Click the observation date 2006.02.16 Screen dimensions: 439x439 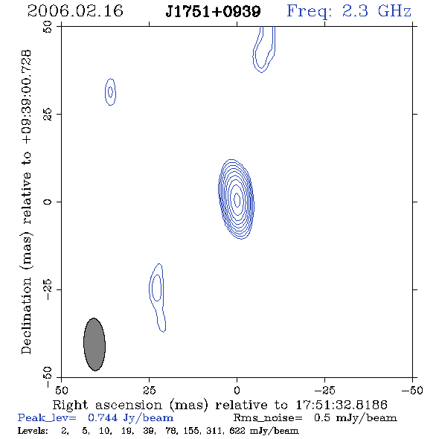(75, 11)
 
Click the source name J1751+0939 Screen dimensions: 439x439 (213, 12)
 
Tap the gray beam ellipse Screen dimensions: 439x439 (94, 345)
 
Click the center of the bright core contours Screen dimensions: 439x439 (237, 199)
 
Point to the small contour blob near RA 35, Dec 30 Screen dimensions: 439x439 (110, 92)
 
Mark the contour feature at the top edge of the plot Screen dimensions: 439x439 (264, 49)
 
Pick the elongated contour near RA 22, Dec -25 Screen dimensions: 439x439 (157, 298)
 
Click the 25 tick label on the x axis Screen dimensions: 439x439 (149, 391)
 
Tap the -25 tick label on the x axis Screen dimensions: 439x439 (324, 391)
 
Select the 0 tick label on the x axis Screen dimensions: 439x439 (237, 391)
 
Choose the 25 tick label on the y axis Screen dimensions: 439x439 (48, 115)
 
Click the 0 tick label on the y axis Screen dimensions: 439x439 (48, 202)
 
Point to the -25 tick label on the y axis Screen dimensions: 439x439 (48, 289)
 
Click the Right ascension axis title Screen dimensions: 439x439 (220, 405)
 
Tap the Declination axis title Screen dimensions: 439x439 (27, 202)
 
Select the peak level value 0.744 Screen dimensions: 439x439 (103, 418)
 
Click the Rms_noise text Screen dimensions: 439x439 (268, 418)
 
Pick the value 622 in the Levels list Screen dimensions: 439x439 (237, 430)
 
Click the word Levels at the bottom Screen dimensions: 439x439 (33, 430)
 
